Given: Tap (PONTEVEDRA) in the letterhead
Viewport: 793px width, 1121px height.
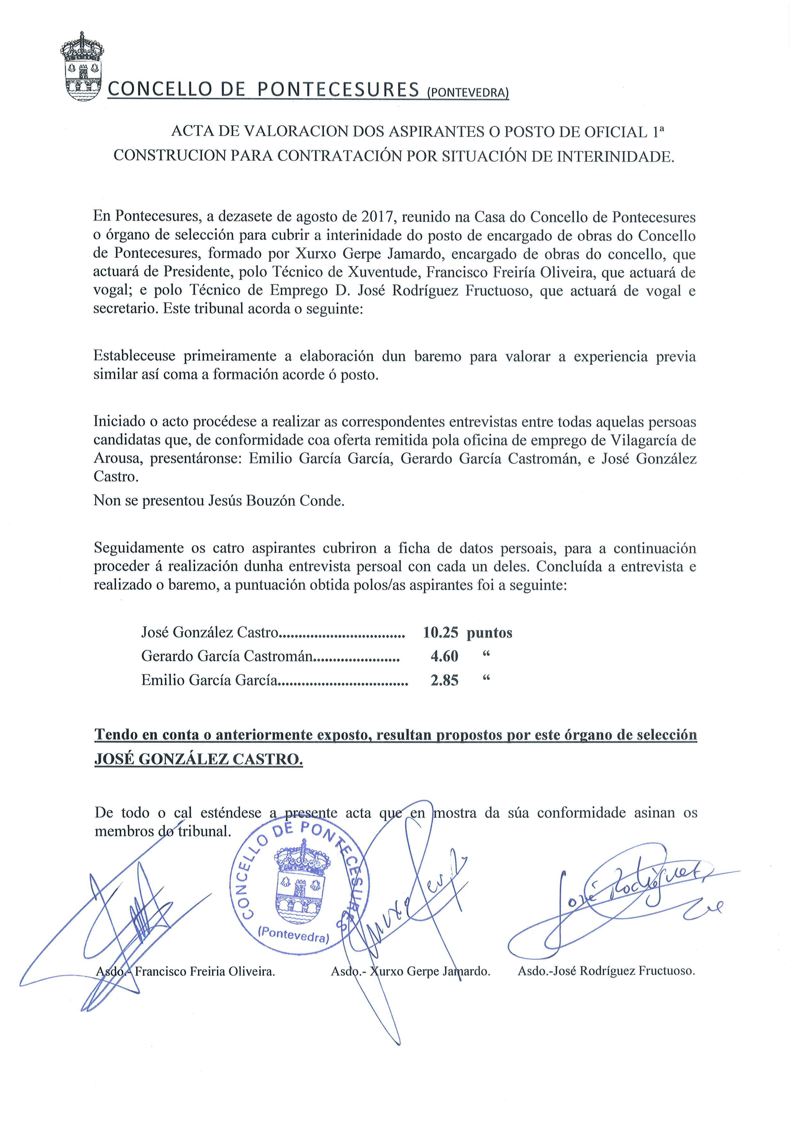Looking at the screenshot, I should click(x=467, y=92).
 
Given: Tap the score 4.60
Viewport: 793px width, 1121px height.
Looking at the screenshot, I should click(x=444, y=656).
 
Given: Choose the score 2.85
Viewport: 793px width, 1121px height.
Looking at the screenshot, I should click(x=444, y=680).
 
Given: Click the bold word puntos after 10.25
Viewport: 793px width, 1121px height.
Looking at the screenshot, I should click(x=489, y=633).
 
